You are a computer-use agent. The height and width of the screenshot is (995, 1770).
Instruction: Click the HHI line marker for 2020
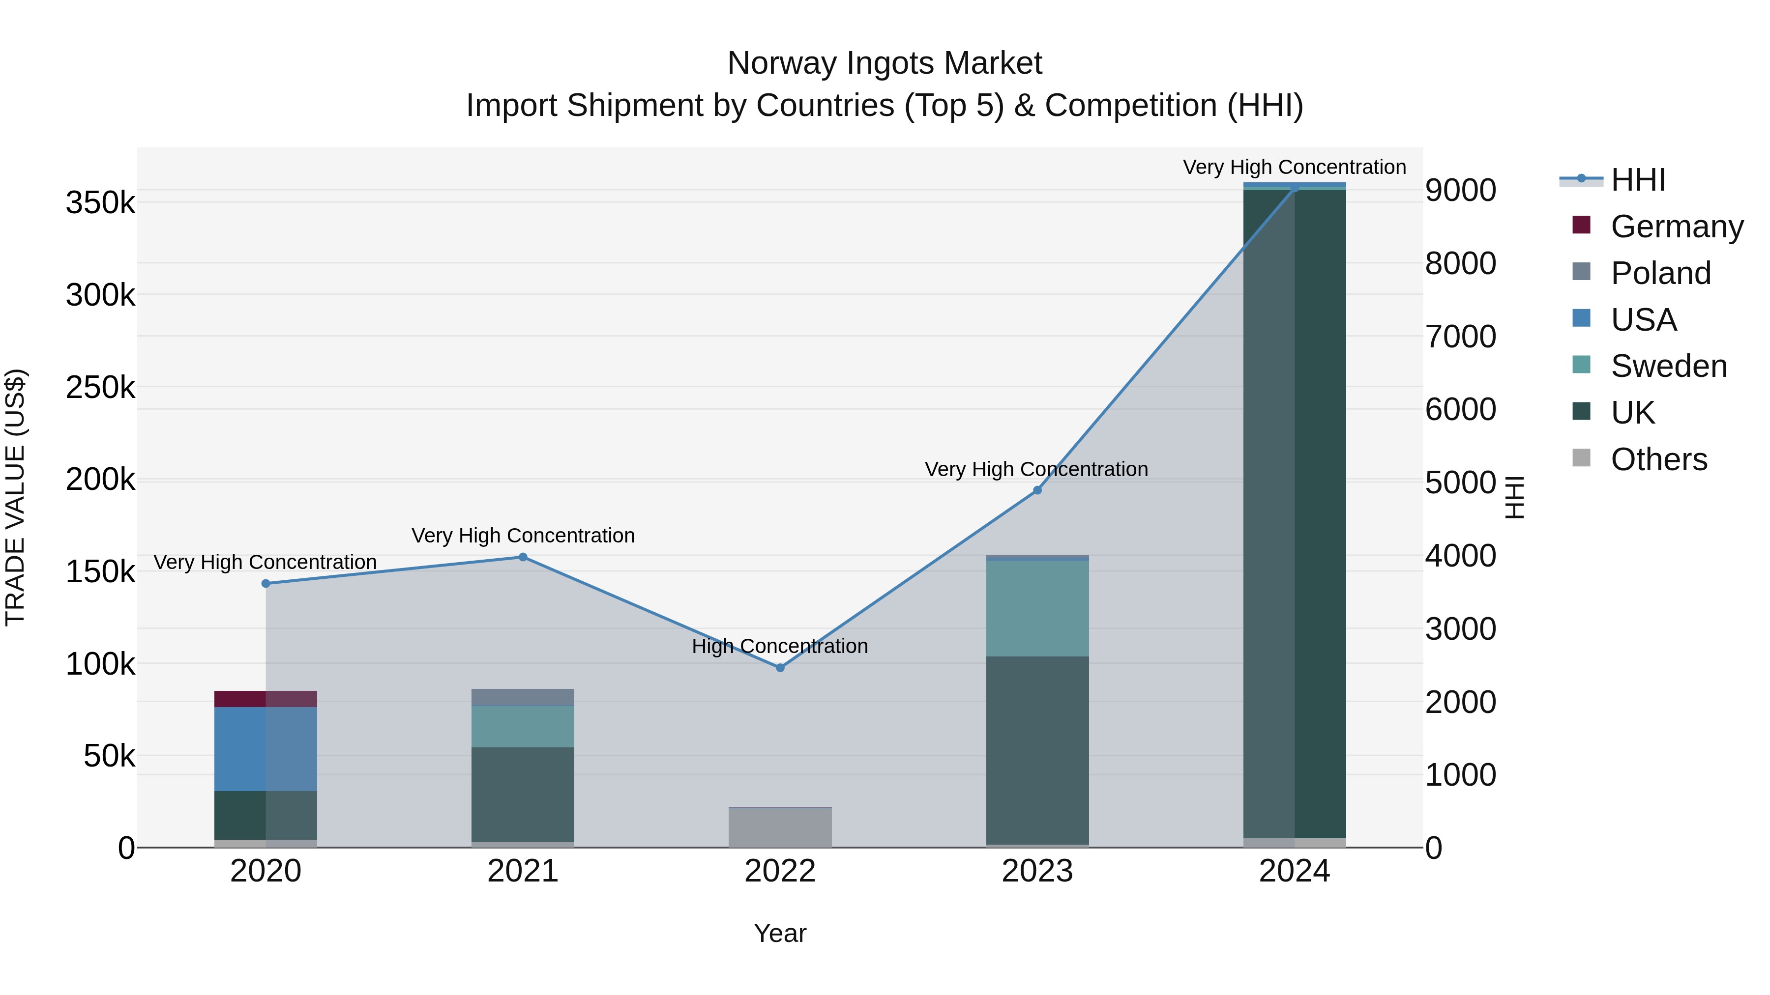tap(266, 584)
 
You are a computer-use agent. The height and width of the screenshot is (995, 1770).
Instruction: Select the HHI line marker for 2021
tap(523, 557)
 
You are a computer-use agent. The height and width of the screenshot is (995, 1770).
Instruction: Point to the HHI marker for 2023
tap(1037, 490)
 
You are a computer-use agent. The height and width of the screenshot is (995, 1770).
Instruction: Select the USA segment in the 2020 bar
tap(266, 749)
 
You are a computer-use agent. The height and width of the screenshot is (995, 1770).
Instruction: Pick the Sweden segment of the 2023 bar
tap(1037, 608)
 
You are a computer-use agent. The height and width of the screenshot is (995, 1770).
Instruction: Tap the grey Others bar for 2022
tap(780, 827)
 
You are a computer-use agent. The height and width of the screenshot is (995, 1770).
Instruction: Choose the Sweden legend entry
tap(1668, 366)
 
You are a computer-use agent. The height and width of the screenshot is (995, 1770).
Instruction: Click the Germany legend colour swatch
tap(1581, 225)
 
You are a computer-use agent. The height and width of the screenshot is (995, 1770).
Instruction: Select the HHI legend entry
tap(1638, 180)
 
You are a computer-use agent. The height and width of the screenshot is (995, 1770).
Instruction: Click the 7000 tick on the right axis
tap(1460, 337)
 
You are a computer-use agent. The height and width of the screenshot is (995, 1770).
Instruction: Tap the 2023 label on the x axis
tap(1037, 871)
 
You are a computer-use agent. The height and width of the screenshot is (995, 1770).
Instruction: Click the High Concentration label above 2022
tap(780, 646)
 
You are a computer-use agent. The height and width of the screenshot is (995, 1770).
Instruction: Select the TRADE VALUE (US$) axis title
tap(15, 497)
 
